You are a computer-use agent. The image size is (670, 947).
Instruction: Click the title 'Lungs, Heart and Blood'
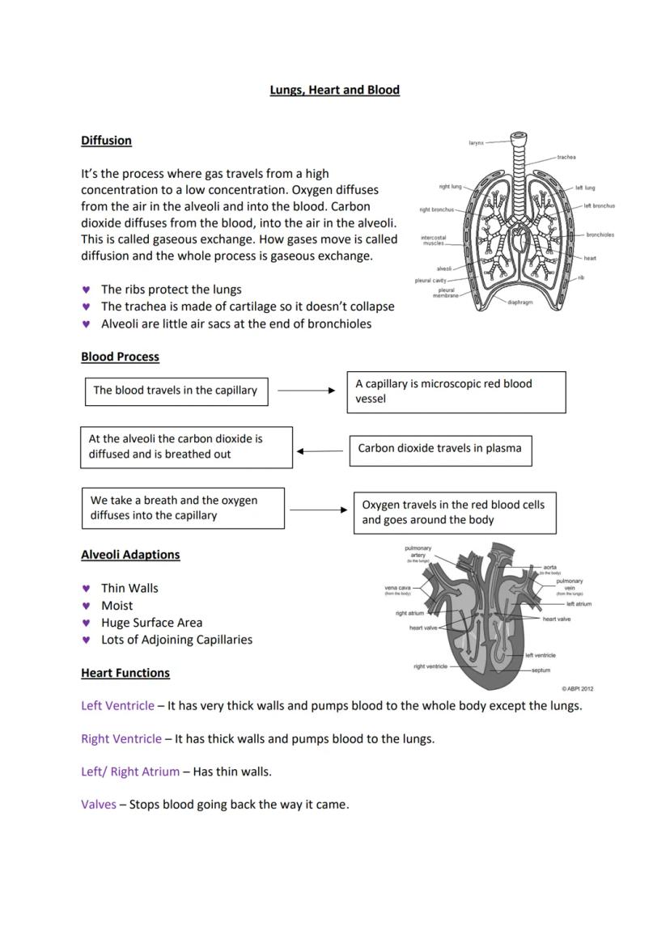(334, 90)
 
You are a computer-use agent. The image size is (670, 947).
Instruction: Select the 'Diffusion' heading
(106, 141)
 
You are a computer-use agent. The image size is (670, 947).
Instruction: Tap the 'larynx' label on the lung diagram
(476, 143)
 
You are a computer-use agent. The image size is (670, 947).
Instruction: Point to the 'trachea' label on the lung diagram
(566, 157)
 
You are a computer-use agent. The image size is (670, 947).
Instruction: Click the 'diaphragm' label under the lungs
(520, 302)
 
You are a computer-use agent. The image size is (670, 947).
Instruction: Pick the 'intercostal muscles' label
(433, 240)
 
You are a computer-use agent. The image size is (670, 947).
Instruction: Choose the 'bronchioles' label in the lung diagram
(600, 235)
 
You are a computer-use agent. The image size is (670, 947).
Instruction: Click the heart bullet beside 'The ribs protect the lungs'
(86, 290)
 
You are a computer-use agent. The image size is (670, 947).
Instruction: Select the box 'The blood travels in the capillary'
(176, 391)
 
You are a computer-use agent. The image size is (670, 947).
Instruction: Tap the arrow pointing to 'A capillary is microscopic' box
(306, 391)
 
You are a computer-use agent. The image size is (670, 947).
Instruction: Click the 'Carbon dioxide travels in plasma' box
(439, 449)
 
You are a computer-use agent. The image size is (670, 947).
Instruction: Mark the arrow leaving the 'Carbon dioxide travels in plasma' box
(320, 451)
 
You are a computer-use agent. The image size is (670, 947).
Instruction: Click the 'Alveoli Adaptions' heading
(130, 555)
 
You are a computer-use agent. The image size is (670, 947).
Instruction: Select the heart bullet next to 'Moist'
(86, 606)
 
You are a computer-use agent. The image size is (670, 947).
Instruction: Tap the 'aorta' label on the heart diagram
(550, 567)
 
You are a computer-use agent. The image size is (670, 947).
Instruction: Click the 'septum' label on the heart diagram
(541, 670)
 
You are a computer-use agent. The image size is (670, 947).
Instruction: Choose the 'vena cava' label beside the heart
(397, 588)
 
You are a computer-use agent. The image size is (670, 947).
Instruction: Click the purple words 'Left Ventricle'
(117, 706)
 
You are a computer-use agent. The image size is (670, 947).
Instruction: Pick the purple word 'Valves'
(99, 805)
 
